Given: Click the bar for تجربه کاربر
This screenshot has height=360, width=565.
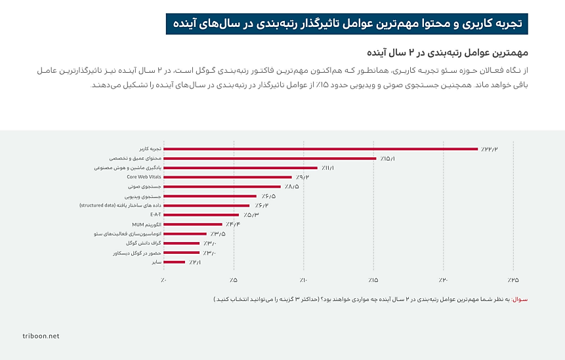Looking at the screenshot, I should coord(320,149).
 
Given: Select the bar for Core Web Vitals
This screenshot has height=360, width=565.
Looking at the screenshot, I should coord(227,177).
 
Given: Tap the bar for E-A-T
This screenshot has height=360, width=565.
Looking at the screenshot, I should coord(201,214).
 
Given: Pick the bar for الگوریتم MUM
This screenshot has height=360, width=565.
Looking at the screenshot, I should coord(192,224).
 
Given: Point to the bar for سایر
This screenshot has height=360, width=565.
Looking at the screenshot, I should coord(174,262).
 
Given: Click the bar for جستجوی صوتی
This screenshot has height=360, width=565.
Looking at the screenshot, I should coord(222,186).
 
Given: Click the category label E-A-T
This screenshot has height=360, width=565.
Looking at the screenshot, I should coord(155,214).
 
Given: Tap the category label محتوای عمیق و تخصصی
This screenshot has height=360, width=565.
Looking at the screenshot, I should coord(135,158).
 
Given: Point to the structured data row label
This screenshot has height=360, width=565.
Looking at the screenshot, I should coord(120,205).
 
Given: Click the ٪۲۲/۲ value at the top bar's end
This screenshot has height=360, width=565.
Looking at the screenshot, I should coord(490,149).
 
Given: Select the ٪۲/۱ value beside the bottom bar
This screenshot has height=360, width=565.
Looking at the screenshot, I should coord(195,262).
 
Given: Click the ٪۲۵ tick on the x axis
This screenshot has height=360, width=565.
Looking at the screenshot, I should coord(513,280).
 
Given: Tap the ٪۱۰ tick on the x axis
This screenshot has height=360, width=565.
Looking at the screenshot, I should coord(303,280).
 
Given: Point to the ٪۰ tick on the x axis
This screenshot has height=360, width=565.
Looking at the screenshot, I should coord(163,280).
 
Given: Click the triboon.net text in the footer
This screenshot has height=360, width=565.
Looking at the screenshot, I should coord(41,336).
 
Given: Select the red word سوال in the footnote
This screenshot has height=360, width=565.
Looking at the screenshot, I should coord(518,299).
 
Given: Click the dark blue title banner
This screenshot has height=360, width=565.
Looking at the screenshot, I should coord(347,23).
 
